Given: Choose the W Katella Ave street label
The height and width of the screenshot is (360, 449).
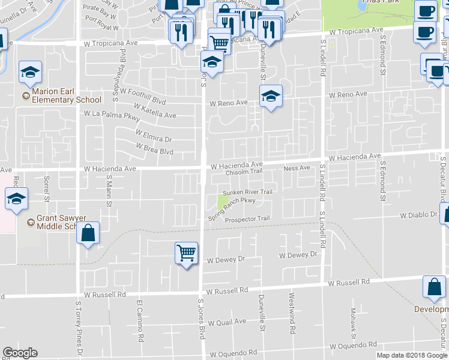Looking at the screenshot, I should (155, 110).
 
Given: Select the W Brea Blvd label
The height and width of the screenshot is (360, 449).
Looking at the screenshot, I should (154, 148).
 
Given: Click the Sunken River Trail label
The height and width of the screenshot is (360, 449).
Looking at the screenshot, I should (248, 192).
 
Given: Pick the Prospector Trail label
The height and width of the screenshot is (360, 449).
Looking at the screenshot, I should (247, 220).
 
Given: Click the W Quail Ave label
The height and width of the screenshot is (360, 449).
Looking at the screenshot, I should (223, 322).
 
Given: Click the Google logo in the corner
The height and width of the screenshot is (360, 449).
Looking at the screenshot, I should (20, 353).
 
